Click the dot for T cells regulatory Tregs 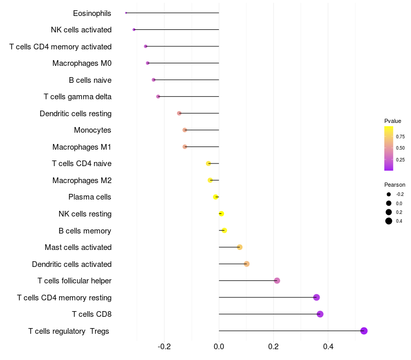[x=364, y=331]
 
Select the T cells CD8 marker [x=320, y=314]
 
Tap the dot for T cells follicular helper [x=277, y=281]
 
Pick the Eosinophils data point [x=126, y=13]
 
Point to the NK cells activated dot [x=134, y=30]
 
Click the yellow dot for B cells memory [x=224, y=230]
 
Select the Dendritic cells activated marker [x=247, y=264]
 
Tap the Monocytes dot [x=185, y=130]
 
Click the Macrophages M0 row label [x=82, y=63]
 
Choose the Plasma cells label [x=89, y=197]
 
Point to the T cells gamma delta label [x=78, y=97]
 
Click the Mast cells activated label [x=78, y=247]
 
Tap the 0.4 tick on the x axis [x=328, y=346]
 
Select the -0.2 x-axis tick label [x=164, y=346]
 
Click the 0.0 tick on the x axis [x=219, y=346]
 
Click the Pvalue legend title [x=393, y=121]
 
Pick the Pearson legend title [x=395, y=185]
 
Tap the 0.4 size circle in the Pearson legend [x=389, y=221]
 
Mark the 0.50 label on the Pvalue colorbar [x=400, y=148]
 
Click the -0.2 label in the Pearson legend [x=400, y=194]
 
